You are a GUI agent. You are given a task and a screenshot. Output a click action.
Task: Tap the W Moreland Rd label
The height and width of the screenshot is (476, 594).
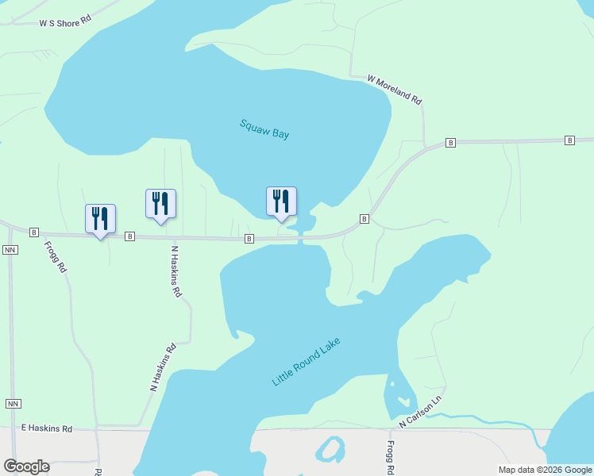click(394, 89)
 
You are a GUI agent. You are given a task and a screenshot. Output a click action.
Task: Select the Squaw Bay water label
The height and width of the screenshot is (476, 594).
click(264, 129)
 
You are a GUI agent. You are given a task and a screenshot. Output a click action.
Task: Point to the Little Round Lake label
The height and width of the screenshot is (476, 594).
click(306, 362)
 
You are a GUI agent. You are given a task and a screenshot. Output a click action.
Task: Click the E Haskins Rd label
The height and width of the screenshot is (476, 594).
click(47, 428)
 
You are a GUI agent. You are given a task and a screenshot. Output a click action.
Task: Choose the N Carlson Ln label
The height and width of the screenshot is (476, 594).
click(420, 411)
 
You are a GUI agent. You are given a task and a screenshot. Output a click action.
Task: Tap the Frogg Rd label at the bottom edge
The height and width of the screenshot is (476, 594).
click(391, 458)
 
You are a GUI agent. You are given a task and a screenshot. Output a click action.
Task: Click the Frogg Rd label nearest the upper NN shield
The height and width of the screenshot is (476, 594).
click(55, 257)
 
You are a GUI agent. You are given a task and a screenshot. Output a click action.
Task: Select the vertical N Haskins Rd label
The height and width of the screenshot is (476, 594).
click(177, 271)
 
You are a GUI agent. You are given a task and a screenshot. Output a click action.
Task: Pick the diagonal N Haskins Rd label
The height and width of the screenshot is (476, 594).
click(162, 367)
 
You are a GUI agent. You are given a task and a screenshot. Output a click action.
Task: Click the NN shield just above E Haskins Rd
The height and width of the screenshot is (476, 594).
click(13, 403)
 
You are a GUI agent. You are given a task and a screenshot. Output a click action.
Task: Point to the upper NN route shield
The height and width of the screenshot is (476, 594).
click(10, 249)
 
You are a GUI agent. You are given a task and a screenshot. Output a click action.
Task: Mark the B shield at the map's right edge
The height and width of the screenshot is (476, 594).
click(569, 140)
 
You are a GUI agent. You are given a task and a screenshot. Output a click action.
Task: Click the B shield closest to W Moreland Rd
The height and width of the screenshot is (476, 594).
click(450, 143)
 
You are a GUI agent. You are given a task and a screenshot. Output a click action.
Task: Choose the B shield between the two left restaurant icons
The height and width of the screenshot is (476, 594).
click(129, 236)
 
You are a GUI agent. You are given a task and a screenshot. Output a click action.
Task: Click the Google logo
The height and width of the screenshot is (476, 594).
click(26, 466)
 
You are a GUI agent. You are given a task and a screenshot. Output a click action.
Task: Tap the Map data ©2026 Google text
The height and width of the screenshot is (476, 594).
click(545, 470)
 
